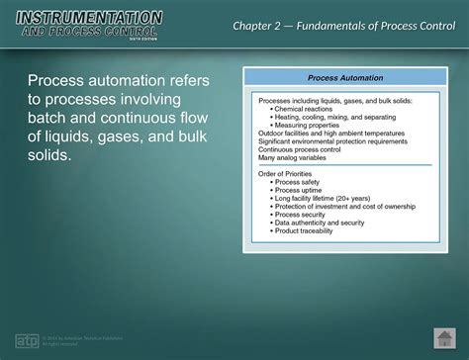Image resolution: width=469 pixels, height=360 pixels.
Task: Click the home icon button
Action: (x=442, y=337)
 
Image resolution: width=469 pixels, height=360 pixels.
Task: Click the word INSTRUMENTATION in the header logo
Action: (x=89, y=17)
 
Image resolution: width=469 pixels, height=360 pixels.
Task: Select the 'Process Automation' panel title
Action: (x=337, y=77)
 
